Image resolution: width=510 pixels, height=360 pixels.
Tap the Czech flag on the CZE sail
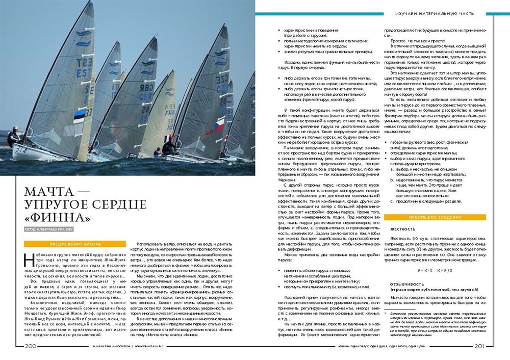tap(220, 125)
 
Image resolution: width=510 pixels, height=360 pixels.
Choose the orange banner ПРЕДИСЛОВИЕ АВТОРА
tap(74, 244)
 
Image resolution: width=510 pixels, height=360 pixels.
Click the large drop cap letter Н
tap(29, 257)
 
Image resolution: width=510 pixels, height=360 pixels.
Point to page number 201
tap(479, 346)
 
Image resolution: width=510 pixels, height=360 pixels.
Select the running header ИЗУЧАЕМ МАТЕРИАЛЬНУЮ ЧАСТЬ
tap(435, 14)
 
